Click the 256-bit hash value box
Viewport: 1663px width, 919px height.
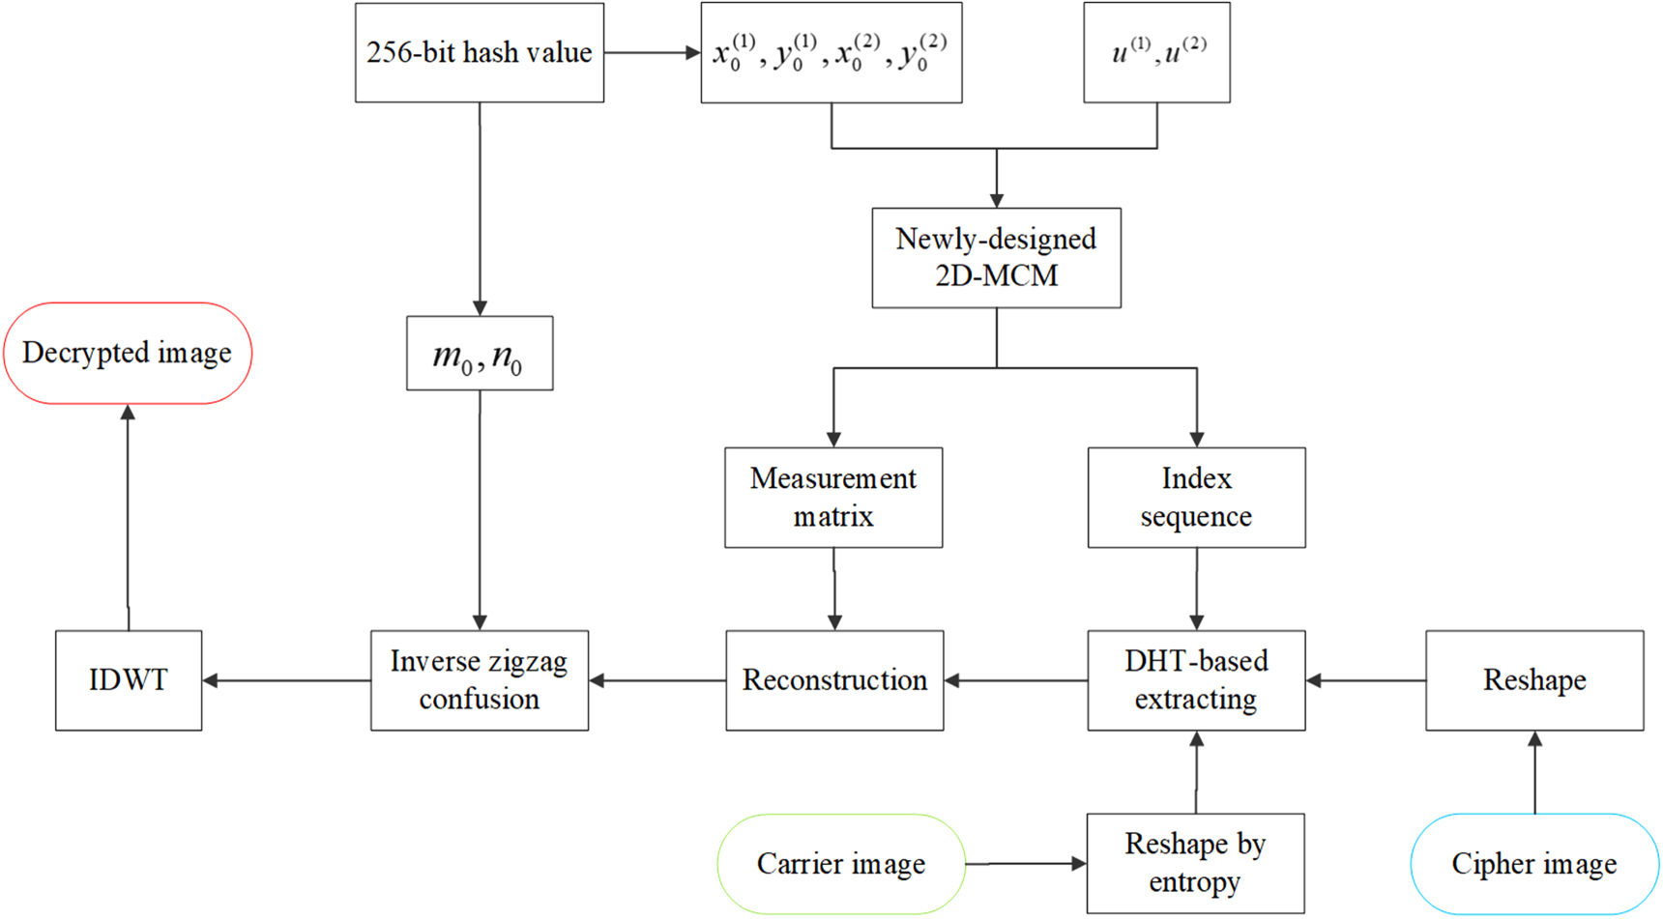pyautogui.click(x=480, y=52)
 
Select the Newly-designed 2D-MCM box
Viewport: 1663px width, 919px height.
pyautogui.click(x=996, y=258)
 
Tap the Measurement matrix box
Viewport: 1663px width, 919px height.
pyautogui.click(x=833, y=498)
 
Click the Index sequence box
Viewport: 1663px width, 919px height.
pyautogui.click(x=1196, y=498)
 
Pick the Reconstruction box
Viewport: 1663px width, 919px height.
pyautogui.click(x=834, y=680)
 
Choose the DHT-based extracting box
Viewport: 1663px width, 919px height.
pyautogui.click(x=1196, y=680)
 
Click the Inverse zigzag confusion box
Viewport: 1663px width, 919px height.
pyautogui.click(x=480, y=680)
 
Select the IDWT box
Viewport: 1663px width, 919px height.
pyautogui.click(x=129, y=680)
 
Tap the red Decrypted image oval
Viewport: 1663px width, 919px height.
pyautogui.click(x=128, y=353)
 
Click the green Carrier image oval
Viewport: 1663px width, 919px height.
pyautogui.click(x=841, y=864)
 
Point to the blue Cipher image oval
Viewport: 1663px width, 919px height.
pyautogui.click(x=1534, y=864)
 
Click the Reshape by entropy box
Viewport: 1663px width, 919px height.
pyautogui.click(x=1195, y=864)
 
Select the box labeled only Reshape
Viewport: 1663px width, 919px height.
pyautogui.click(x=1534, y=680)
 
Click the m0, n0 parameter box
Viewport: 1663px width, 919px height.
pyautogui.click(x=480, y=354)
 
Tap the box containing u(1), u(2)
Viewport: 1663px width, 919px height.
pyautogui.click(x=1156, y=52)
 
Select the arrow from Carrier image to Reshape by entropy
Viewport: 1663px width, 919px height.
pyautogui.click(x=1026, y=864)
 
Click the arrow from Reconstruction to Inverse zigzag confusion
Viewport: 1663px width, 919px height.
pyautogui.click(x=657, y=680)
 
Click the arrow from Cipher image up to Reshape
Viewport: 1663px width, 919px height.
pyautogui.click(x=1534, y=772)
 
